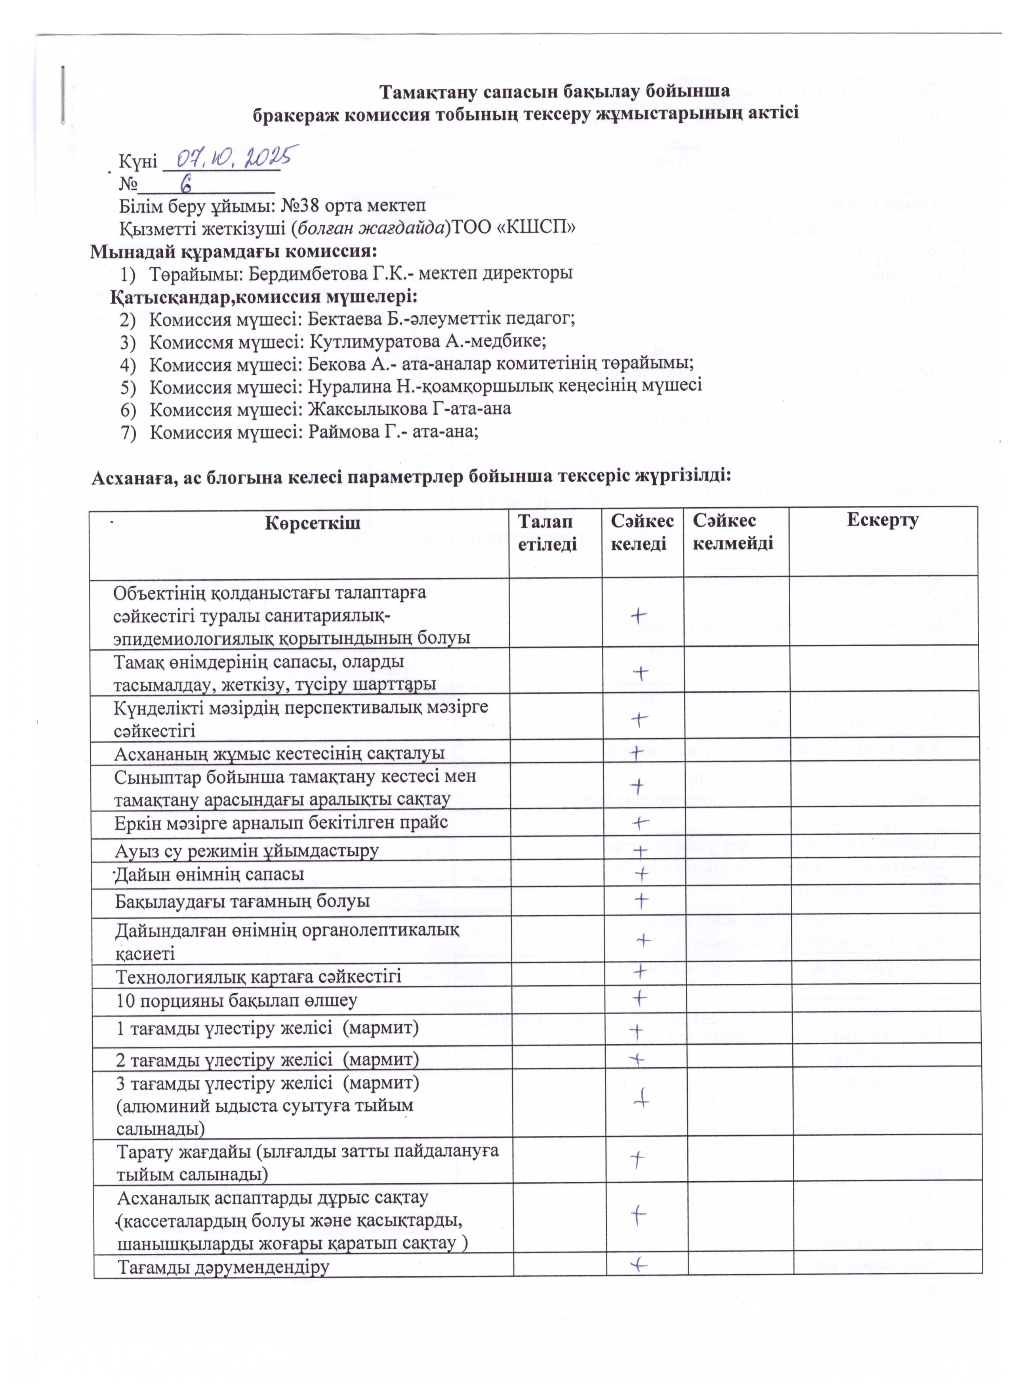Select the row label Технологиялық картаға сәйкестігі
(x=259, y=975)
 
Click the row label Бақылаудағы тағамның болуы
(x=243, y=901)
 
